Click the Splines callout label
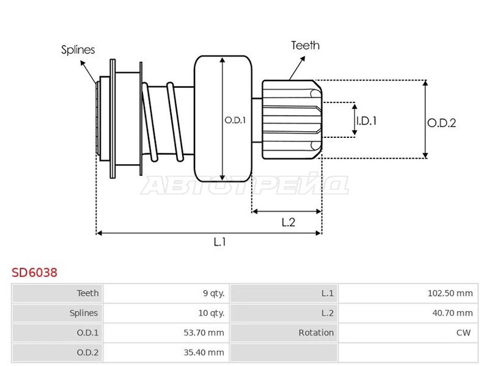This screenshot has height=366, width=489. coord(78,50)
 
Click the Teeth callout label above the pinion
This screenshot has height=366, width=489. coord(306,45)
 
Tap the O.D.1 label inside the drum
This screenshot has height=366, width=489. coord(235,120)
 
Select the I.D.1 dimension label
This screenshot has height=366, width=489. coord(367,121)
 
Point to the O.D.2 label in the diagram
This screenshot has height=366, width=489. coord(441,123)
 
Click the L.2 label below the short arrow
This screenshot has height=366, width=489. coord(289,222)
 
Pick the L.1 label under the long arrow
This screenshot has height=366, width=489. coord(220,242)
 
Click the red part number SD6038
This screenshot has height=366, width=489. coord(35,273)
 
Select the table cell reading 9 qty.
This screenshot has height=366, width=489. coord(213,293)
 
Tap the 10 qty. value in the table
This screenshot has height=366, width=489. coord(211,313)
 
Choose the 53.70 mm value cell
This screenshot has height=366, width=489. coord(204,332)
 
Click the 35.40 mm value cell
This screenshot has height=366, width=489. coord(204,353)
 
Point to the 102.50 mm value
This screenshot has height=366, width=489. coord(450,293)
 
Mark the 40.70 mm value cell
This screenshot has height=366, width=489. coord(452,313)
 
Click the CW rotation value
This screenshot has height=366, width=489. coord(463,332)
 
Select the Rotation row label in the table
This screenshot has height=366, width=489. coord(316,332)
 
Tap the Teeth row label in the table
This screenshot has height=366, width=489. coord(87,293)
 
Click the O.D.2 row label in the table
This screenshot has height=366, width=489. coord(87,353)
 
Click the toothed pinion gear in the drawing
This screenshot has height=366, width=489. coord(292,120)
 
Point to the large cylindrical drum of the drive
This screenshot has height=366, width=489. coord(223,118)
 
